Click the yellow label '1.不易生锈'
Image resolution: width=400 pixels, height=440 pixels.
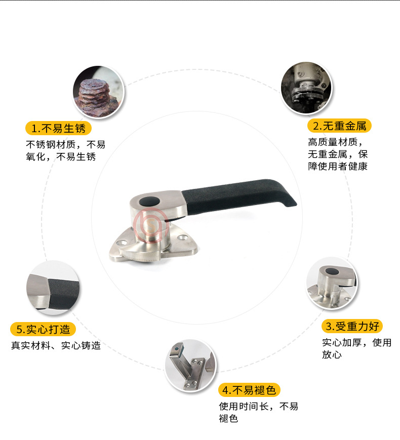[x=58, y=129]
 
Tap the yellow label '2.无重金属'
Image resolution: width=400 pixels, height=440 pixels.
[x=339, y=126]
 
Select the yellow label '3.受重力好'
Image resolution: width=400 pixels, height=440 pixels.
[x=352, y=327]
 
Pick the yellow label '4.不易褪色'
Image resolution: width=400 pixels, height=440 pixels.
[x=249, y=390]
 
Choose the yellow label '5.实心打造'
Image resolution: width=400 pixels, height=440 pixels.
[x=43, y=329]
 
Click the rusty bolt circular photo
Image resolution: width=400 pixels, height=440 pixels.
[x=98, y=92]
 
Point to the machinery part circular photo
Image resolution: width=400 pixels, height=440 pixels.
[x=306, y=88]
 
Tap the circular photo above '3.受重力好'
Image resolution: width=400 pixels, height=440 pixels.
[x=332, y=284]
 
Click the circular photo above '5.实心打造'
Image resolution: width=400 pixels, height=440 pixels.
[x=53, y=288]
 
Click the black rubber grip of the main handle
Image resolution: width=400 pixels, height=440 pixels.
[x=238, y=195]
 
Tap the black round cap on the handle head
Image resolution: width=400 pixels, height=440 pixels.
[x=149, y=201]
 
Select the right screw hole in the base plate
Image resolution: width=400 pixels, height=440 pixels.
[x=182, y=238]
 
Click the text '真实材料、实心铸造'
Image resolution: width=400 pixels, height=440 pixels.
[x=56, y=345]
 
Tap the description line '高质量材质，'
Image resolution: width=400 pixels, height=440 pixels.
[x=335, y=142]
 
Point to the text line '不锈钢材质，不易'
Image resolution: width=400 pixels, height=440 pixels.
[x=66, y=144]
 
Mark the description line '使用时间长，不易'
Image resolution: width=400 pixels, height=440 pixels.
[x=259, y=406]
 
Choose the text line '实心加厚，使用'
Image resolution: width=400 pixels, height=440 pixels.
[x=357, y=342]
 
